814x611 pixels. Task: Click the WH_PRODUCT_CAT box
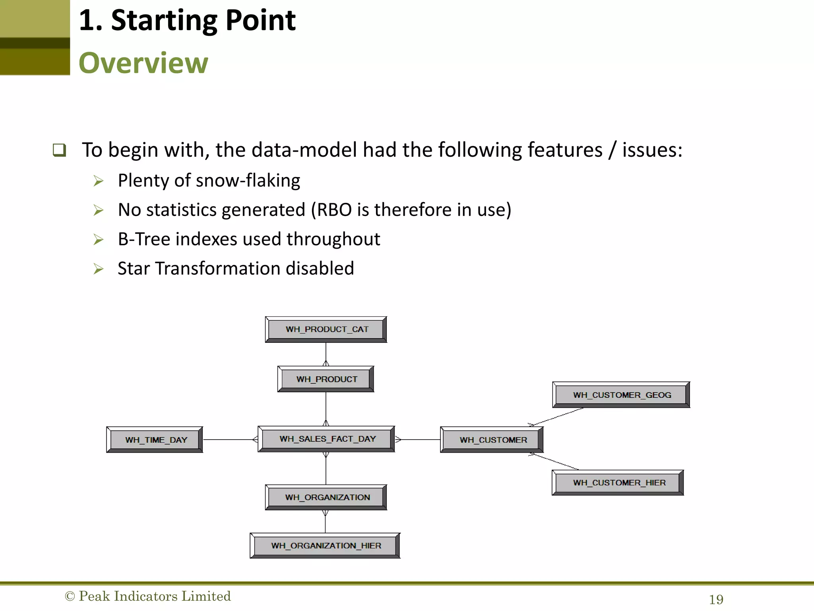click(326, 329)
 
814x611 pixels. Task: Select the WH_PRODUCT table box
click(326, 379)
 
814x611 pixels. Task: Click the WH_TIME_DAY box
click(155, 440)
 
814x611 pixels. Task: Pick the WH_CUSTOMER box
click(492, 440)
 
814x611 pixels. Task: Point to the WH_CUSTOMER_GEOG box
click(621, 395)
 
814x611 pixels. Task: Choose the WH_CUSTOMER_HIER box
click(618, 483)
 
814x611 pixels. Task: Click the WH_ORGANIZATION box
click(326, 497)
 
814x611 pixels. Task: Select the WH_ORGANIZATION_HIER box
click(325, 546)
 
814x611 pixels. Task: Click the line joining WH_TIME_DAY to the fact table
click(229, 440)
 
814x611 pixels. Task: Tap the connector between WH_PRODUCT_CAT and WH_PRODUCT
click(326, 353)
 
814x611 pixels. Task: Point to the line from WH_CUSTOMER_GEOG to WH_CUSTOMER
click(556, 417)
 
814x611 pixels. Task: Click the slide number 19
click(716, 599)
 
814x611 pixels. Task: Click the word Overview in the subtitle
click(143, 63)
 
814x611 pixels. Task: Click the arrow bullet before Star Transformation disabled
click(98, 269)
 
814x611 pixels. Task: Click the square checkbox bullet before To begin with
click(60, 150)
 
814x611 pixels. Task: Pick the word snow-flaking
click(248, 181)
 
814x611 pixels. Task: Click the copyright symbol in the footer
click(70, 596)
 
